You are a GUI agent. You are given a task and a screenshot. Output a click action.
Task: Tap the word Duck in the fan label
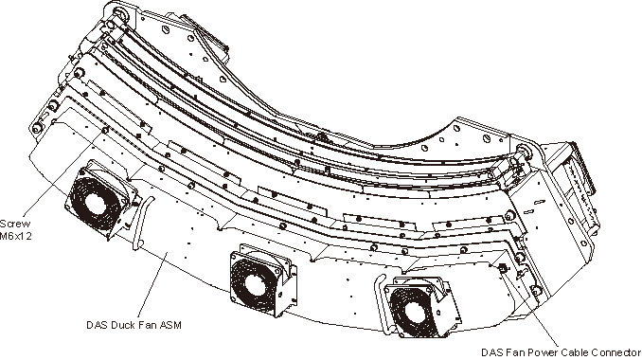click(x=123, y=325)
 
